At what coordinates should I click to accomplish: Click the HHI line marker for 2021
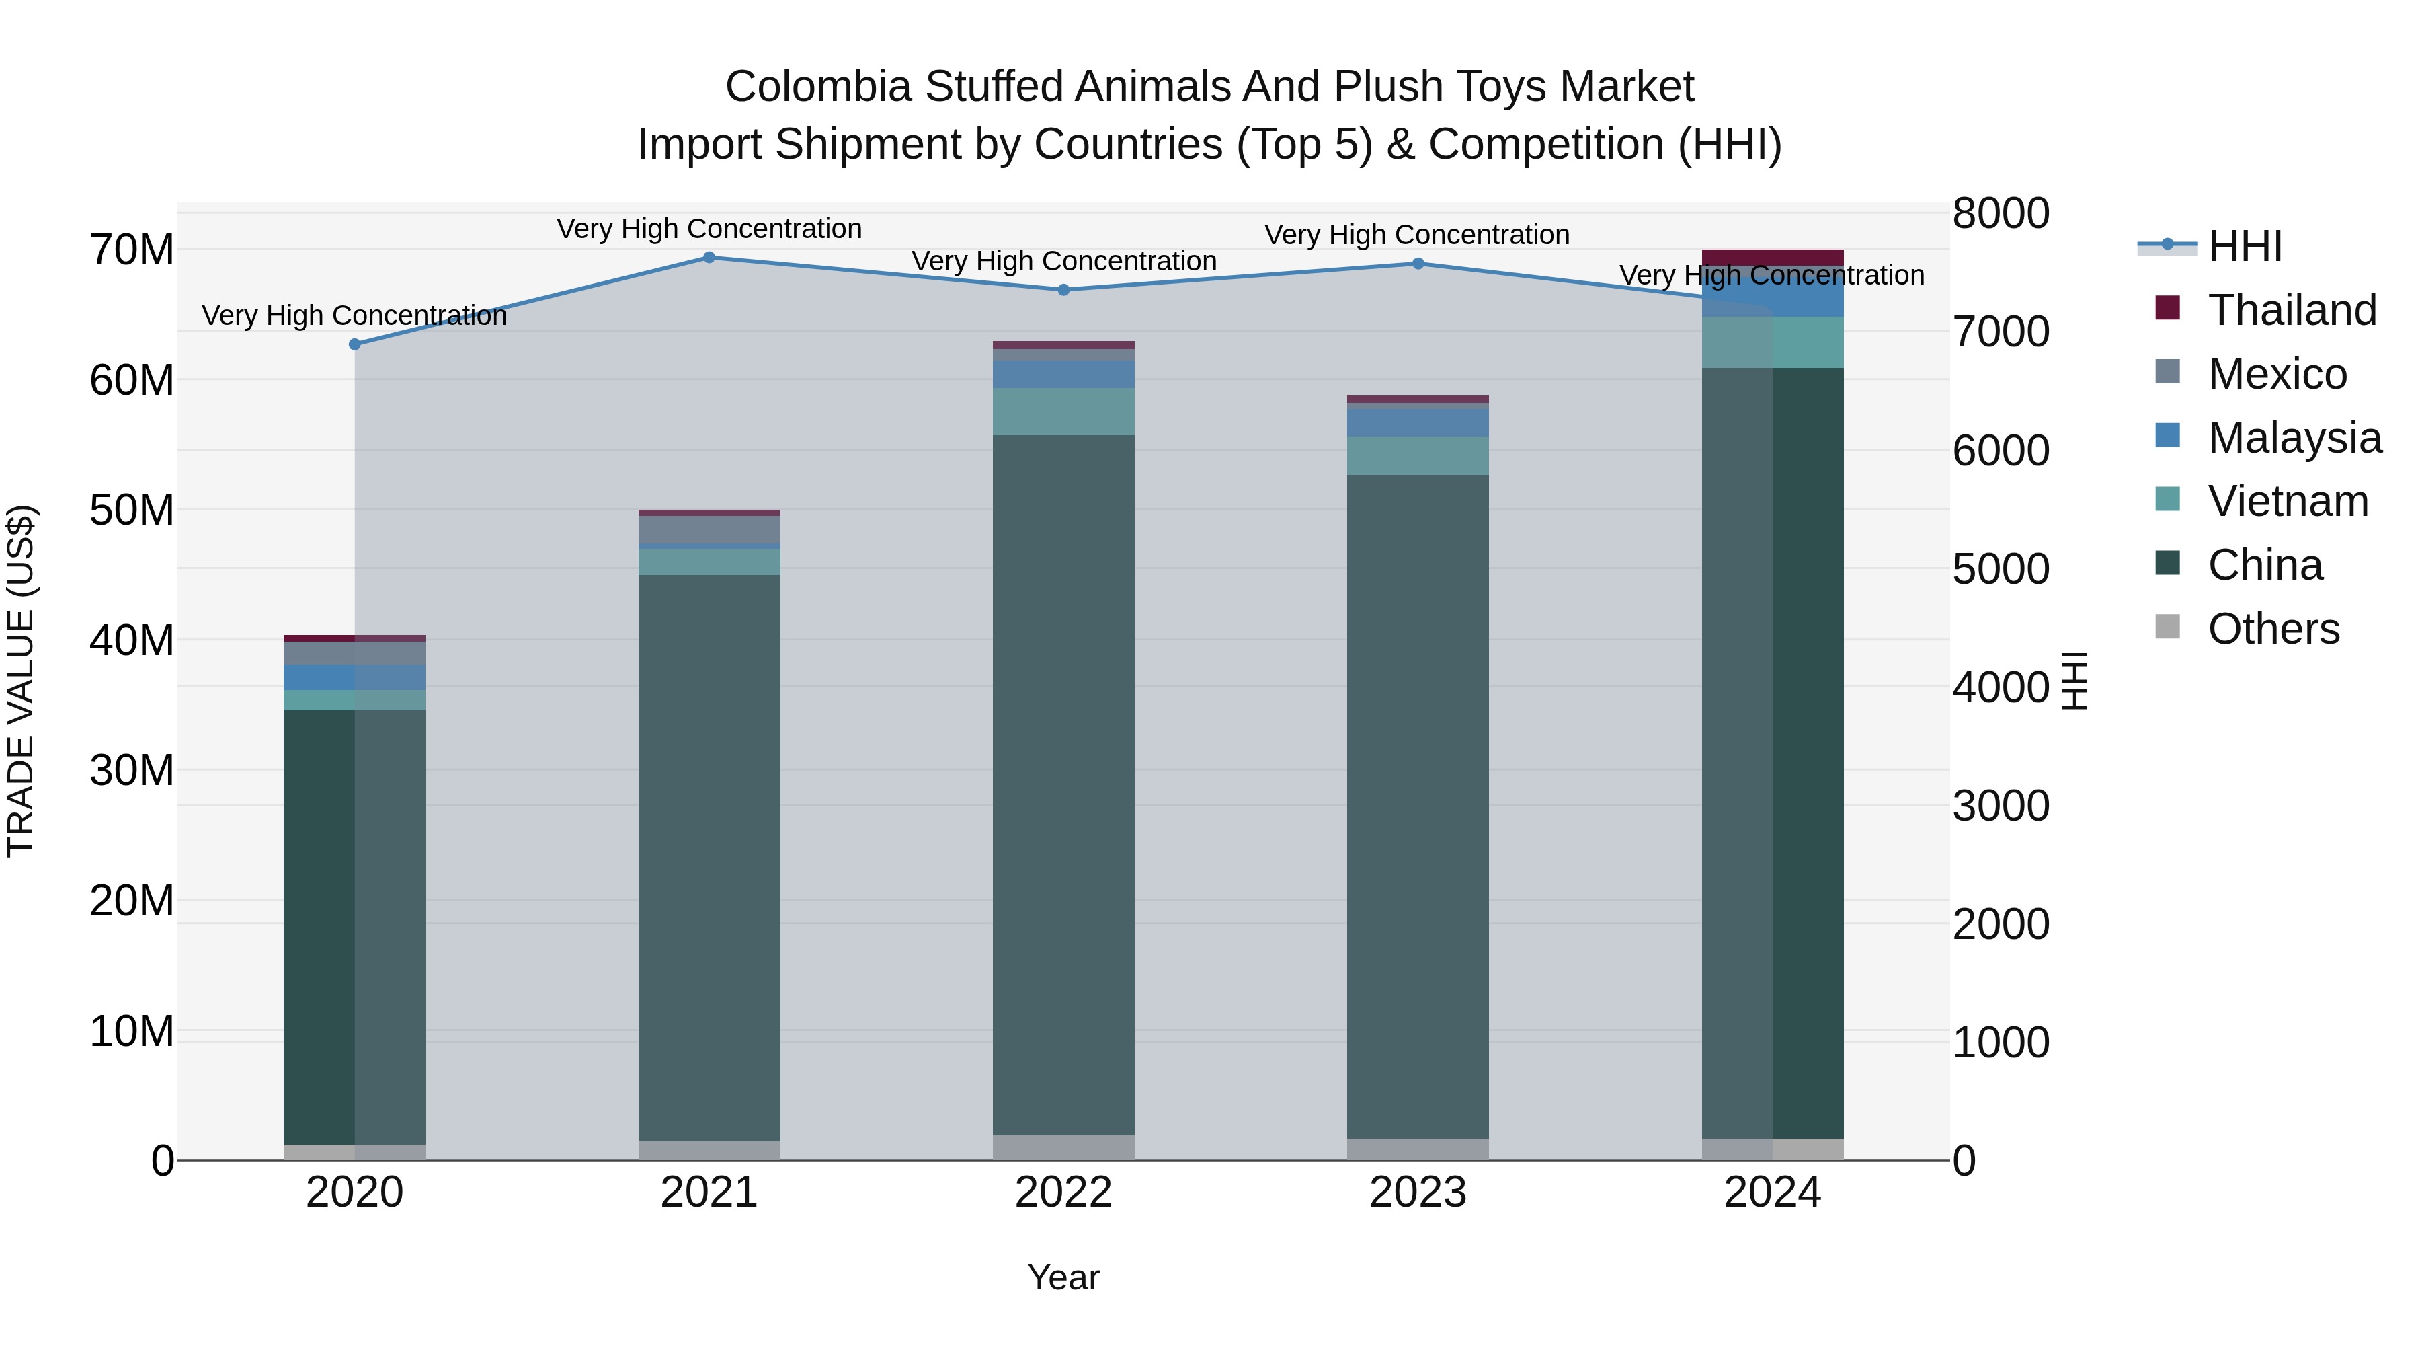tap(709, 258)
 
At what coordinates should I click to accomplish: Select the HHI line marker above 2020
tap(354, 345)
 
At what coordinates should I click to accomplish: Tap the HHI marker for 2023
tap(1418, 264)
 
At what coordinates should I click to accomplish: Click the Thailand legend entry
tap(2292, 310)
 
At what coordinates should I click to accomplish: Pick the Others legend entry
tap(2273, 629)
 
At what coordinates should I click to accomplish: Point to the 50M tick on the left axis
tap(132, 510)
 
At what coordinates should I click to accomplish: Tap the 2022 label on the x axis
tap(1063, 1193)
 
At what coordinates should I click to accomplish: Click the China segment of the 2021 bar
tap(709, 856)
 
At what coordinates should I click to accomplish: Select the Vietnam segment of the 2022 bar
tap(1063, 412)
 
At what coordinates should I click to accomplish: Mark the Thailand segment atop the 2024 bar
tap(1773, 258)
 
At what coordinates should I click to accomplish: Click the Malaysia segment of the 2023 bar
tap(1418, 422)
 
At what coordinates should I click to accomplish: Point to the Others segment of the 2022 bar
tap(1063, 1147)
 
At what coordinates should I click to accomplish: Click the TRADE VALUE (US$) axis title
tap(21, 681)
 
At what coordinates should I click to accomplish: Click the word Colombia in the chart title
tap(817, 87)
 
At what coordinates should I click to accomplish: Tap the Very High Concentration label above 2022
tap(1063, 262)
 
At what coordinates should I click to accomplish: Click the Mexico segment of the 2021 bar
tap(709, 529)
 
